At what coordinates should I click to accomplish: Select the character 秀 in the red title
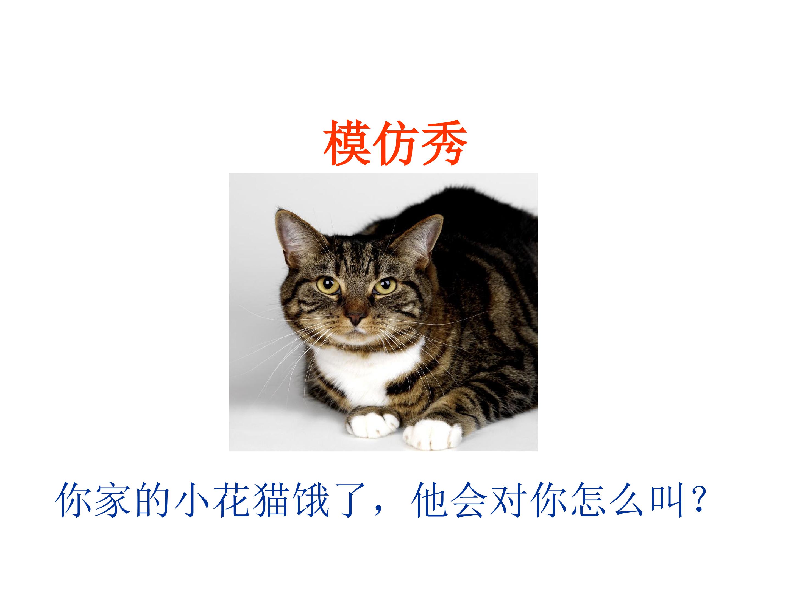point(443,143)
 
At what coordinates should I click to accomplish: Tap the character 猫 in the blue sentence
point(272,500)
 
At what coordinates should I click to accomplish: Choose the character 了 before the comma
point(351,500)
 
